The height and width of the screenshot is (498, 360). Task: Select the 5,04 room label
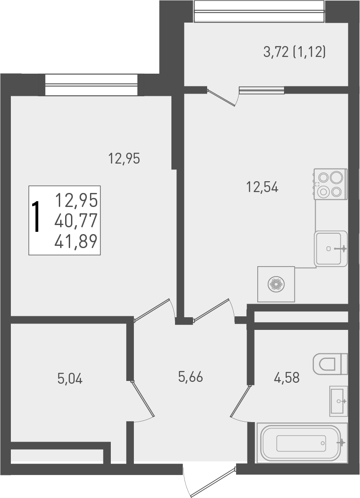click(x=70, y=378)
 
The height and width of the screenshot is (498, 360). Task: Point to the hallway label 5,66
click(x=190, y=377)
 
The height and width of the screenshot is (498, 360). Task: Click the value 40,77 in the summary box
click(x=76, y=221)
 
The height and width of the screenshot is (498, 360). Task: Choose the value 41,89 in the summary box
click(x=76, y=242)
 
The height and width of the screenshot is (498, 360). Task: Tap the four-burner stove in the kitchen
click(x=331, y=184)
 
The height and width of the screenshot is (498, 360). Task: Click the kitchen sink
click(x=331, y=248)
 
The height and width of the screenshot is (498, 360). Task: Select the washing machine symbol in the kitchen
click(x=276, y=284)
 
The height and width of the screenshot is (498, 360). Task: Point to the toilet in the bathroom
click(x=330, y=363)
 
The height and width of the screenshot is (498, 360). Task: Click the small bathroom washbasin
click(x=338, y=401)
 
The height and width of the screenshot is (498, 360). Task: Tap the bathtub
click(x=301, y=443)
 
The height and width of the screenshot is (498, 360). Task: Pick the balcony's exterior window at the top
click(x=259, y=11)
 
